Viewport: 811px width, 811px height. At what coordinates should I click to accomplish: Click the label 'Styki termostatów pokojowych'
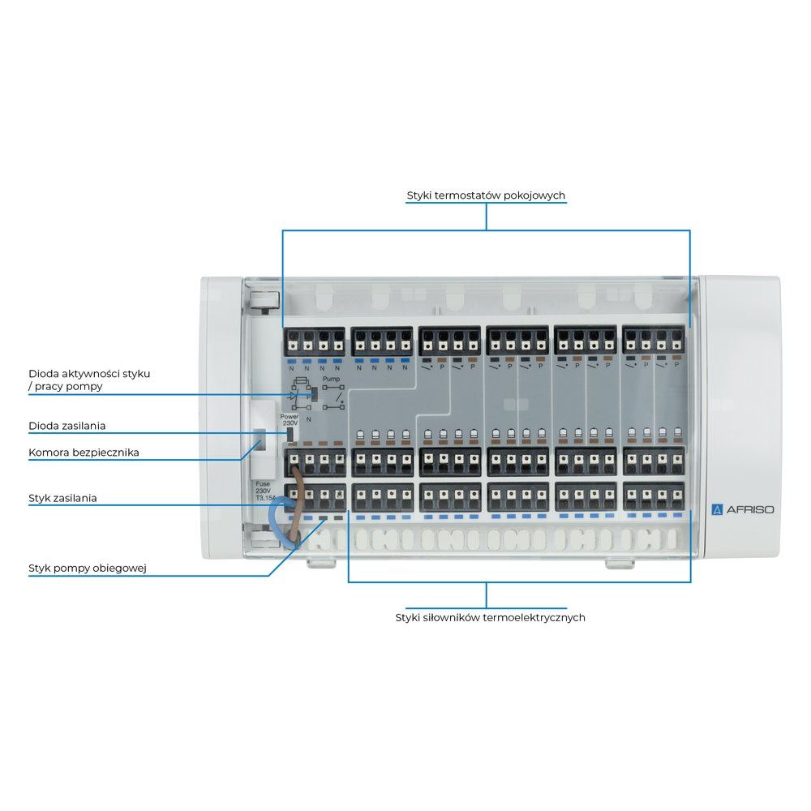486,196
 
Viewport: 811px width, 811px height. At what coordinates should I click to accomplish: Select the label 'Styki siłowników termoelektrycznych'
491,617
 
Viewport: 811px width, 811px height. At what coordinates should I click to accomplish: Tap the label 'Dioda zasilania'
67,425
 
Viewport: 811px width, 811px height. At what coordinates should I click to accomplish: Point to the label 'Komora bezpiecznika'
84,453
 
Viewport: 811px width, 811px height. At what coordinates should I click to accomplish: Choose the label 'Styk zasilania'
62,498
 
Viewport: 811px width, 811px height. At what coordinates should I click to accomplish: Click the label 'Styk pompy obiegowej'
87,568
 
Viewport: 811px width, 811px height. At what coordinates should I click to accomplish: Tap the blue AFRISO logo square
716,509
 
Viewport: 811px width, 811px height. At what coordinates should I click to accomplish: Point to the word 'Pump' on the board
331,378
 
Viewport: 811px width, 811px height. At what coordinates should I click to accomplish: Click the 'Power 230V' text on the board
290,419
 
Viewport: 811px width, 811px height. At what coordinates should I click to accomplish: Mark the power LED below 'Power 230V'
289,434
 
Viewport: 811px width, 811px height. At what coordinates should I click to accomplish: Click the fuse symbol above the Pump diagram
301,380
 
